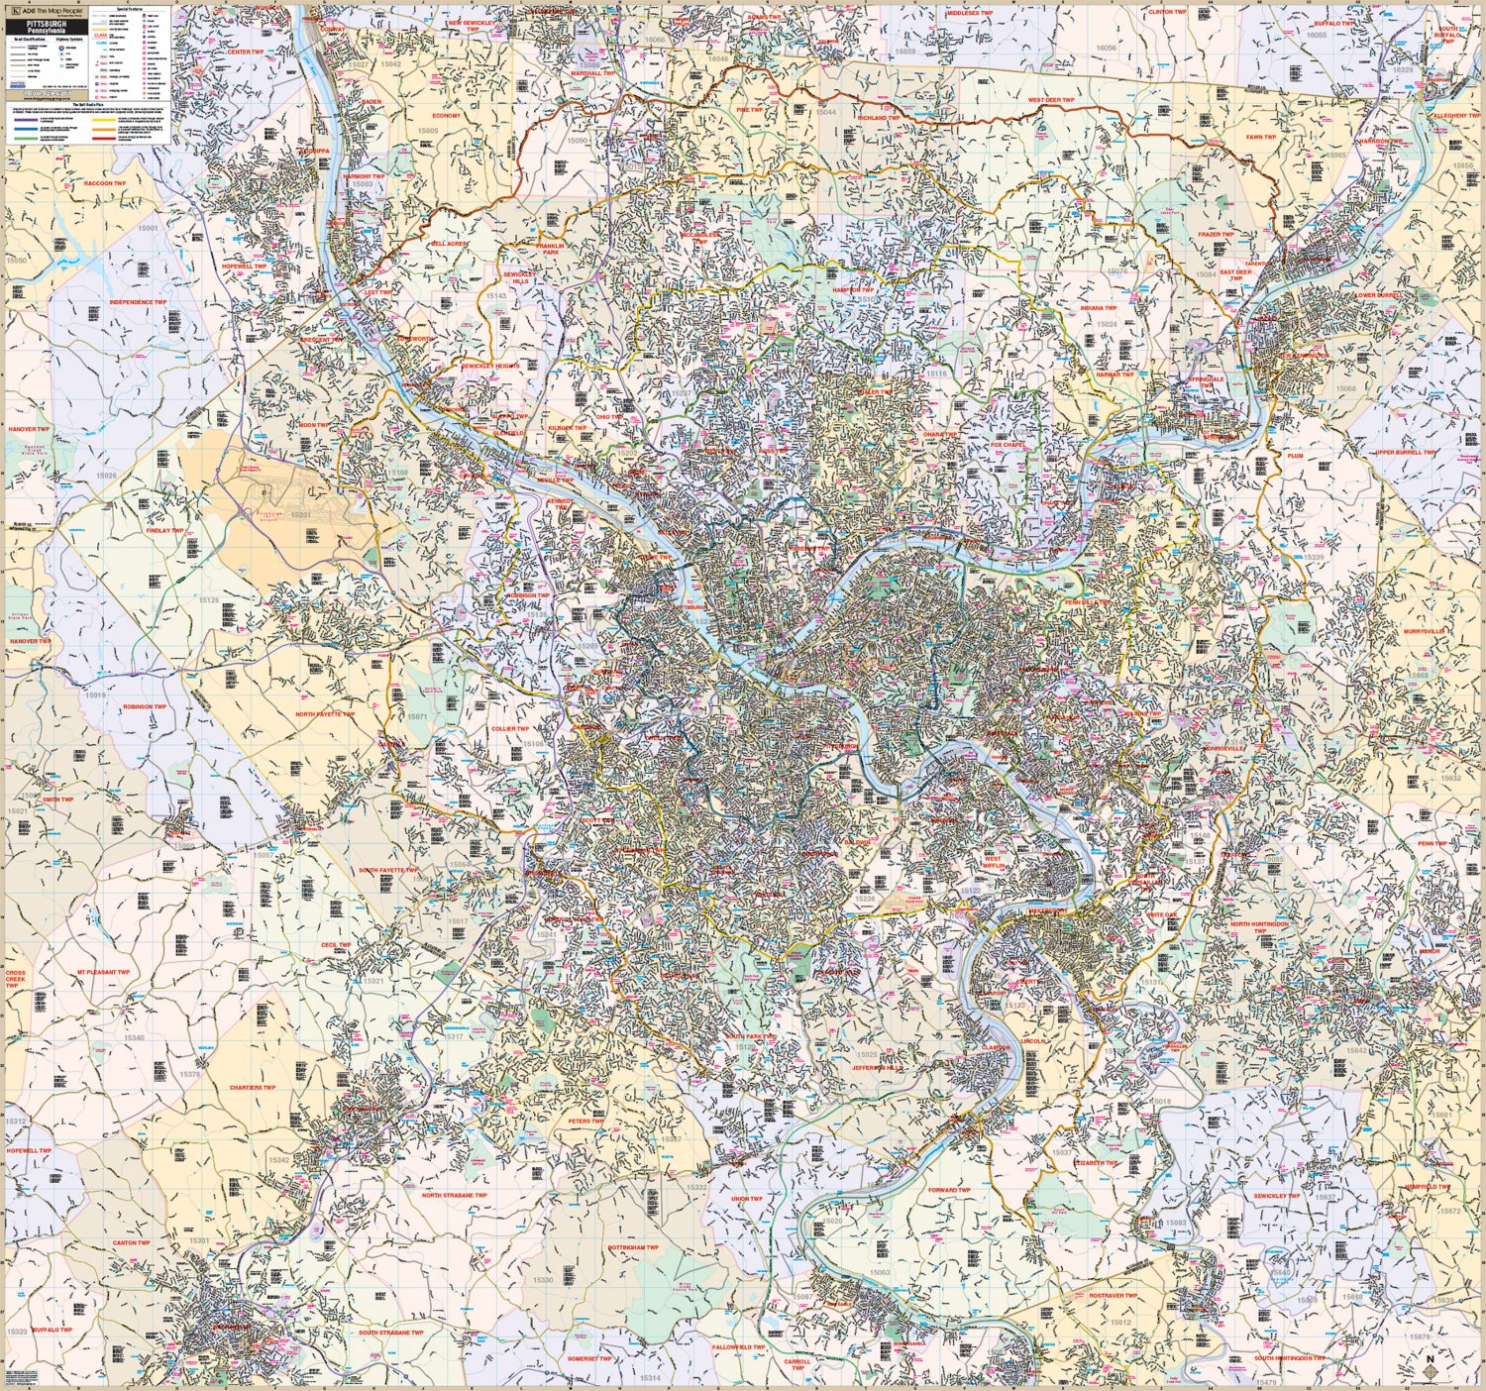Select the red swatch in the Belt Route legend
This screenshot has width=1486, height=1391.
[x=105, y=137]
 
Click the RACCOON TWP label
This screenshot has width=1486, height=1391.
[x=105, y=183]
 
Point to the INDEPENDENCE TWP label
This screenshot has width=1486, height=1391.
[x=138, y=302]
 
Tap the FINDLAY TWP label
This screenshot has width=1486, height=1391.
[x=164, y=531]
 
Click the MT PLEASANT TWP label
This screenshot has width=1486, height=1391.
[x=104, y=972]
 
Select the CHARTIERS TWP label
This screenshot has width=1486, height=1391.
[x=253, y=1088]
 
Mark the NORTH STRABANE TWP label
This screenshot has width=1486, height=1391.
[x=455, y=1196]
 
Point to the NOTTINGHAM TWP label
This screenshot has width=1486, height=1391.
[x=633, y=1247]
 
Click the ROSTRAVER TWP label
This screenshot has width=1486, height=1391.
[x=1114, y=1296]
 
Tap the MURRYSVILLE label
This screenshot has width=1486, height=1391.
[x=1424, y=631]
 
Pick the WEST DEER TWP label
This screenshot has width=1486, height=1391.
[x=1050, y=100]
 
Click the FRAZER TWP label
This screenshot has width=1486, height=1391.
[x=1216, y=235]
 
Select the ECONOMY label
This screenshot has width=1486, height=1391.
[x=446, y=116]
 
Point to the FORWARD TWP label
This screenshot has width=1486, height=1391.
[x=949, y=1190]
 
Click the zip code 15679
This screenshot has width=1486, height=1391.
[x=1420, y=1337]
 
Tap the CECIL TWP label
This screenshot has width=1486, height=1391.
[x=336, y=945]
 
